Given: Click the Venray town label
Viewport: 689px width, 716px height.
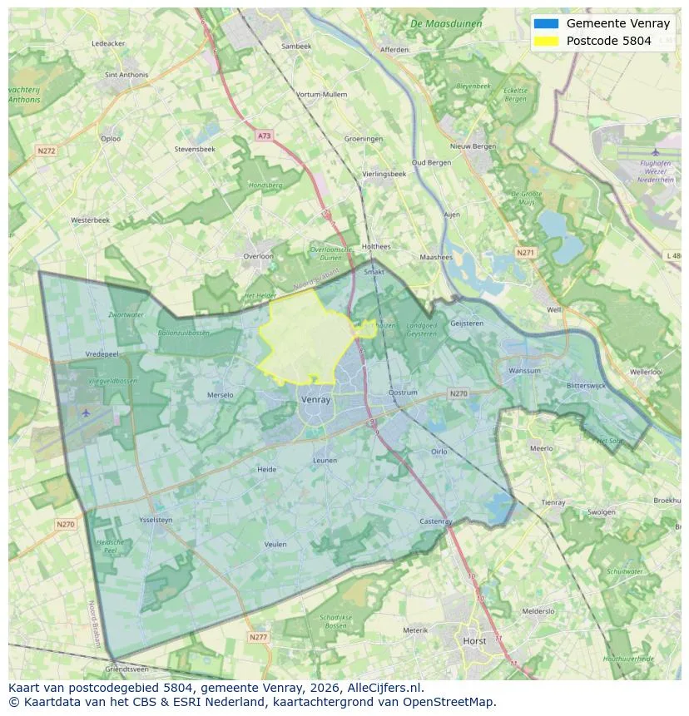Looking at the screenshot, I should click(315, 400).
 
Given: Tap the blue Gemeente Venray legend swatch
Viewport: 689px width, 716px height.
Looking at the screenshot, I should click(547, 24).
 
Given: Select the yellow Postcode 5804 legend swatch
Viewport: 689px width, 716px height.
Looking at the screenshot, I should click(547, 41).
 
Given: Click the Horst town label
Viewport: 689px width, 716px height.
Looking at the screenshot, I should click(474, 641).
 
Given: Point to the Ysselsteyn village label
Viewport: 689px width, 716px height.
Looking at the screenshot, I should click(155, 521).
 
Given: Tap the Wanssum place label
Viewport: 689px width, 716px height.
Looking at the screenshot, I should click(524, 371).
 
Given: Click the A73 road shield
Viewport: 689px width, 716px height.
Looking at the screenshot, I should click(264, 136).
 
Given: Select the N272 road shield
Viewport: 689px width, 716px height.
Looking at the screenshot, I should click(46, 151).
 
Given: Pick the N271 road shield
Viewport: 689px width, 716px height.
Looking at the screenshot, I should click(525, 252).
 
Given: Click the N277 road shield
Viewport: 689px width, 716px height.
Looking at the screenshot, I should click(259, 637).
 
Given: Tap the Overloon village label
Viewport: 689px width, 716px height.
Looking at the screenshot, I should click(258, 256).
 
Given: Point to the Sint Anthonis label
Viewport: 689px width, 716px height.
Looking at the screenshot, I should click(126, 75).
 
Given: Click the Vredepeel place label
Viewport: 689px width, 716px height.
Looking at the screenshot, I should click(103, 354).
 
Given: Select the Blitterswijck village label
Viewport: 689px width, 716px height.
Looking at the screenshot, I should click(590, 386).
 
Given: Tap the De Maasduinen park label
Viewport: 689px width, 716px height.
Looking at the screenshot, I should click(446, 24).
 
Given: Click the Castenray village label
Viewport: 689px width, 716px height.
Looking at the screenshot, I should click(436, 521).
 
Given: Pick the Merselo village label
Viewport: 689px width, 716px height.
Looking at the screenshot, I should click(220, 395).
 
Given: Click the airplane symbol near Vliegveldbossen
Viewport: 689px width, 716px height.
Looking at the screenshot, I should click(87, 412).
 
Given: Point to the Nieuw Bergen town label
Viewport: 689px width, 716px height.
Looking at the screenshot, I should click(472, 146).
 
